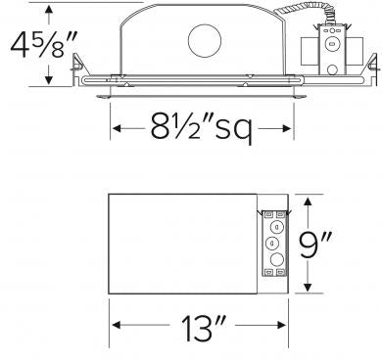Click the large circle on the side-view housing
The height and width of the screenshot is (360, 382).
tap(205, 42)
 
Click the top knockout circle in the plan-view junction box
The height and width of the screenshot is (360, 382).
tap(273, 226)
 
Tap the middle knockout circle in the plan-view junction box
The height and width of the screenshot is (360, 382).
tap(273, 243)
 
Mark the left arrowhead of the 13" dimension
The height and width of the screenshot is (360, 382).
tap(113, 328)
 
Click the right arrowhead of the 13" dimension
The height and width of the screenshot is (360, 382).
tap(286, 328)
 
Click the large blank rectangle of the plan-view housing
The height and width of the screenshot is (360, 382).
tap(181, 243)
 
